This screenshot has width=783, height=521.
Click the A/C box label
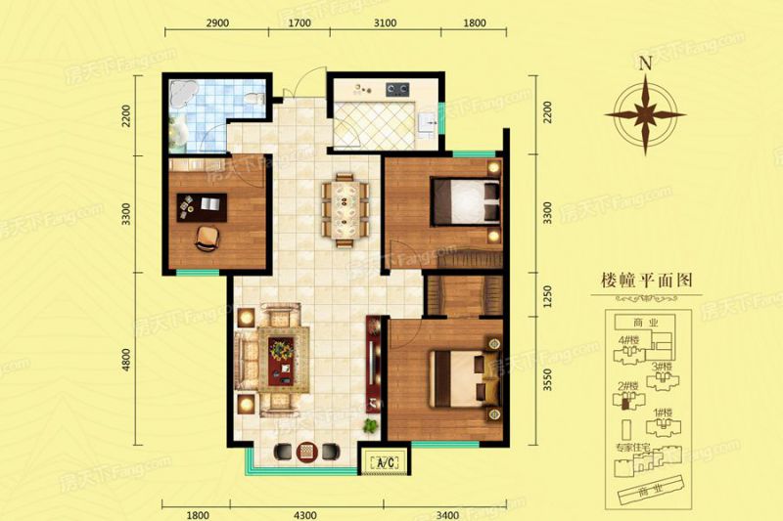click(385, 462)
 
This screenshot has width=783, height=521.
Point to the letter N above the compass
click(644, 65)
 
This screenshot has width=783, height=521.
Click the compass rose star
click(644, 113)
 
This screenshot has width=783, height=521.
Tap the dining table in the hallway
click(346, 205)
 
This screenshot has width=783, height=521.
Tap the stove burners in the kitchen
click(397, 90)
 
